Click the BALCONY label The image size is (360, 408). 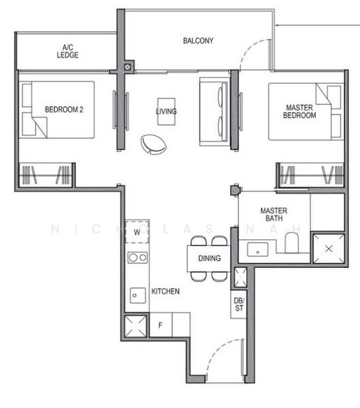click(x=198, y=41)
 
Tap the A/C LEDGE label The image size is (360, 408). click(x=67, y=51)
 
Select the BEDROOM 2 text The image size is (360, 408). click(x=64, y=109)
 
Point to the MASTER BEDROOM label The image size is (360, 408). click(x=300, y=112)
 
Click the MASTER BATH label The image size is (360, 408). click(x=274, y=214)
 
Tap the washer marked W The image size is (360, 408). click(x=137, y=232)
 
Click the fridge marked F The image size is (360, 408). click(x=160, y=325)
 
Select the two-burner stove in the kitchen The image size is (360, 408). click(x=137, y=258)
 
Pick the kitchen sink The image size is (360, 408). click(x=137, y=295)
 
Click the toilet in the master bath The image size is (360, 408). click(x=291, y=243)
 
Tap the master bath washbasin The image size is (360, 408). click(x=257, y=250)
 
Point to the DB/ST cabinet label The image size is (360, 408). click(x=239, y=305)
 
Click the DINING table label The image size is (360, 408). click(x=209, y=258)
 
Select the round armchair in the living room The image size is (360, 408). click(x=154, y=144)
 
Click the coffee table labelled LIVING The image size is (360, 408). click(x=166, y=112)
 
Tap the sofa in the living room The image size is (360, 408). click(x=214, y=112)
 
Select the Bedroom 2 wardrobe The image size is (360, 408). click(x=46, y=175)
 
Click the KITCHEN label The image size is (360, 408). click(x=165, y=291)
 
